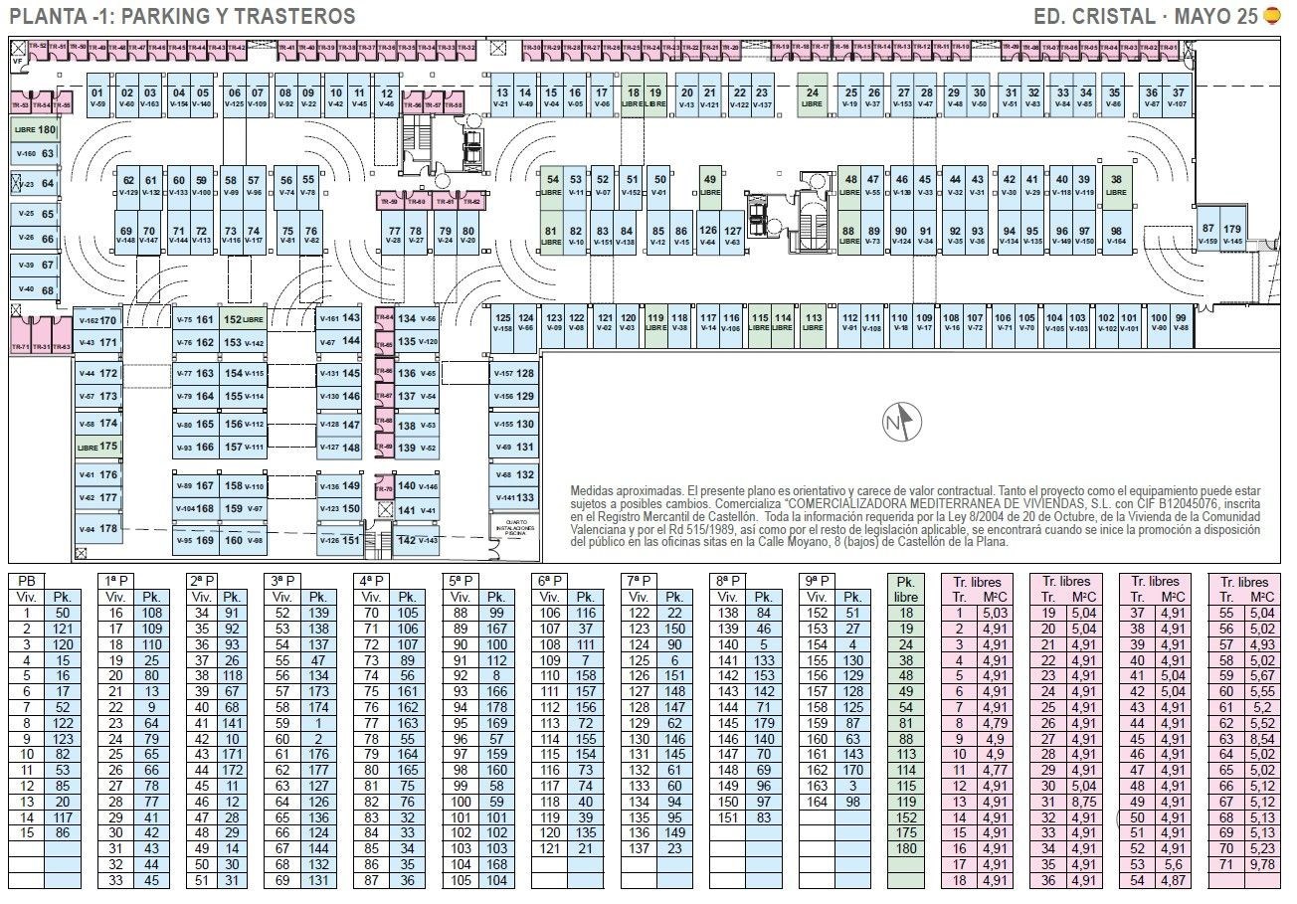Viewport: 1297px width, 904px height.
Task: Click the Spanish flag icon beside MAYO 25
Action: point(1272,16)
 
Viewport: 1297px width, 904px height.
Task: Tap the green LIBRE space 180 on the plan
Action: point(35,129)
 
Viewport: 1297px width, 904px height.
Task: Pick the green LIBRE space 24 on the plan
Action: point(812,96)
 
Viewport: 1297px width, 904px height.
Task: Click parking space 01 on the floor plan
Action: point(96,96)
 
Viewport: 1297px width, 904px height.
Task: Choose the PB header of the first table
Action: point(28,580)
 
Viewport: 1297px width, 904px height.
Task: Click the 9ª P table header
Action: point(815,580)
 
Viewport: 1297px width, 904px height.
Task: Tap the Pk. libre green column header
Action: point(905,588)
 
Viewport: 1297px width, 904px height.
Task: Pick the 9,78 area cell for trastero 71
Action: point(1261,864)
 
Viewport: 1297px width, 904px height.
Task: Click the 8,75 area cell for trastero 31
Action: point(1082,802)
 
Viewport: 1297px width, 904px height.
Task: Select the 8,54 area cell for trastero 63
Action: point(1261,739)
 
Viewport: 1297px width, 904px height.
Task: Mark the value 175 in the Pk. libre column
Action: point(905,832)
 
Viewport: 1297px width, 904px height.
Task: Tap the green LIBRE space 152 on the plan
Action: point(244,320)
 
